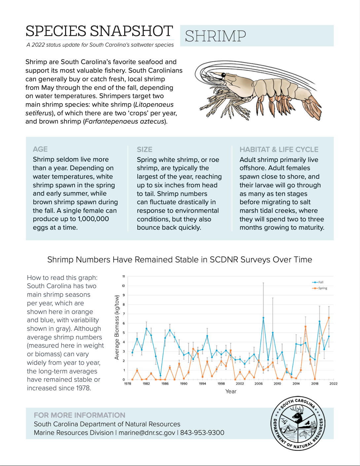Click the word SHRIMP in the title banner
click(x=215, y=36)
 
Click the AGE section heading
click(x=40, y=149)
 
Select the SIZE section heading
click(x=145, y=149)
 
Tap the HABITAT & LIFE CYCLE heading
click(x=279, y=149)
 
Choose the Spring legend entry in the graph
click(x=322, y=288)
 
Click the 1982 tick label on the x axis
click(x=146, y=384)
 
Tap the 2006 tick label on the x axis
click(x=259, y=384)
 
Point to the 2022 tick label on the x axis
click(x=333, y=384)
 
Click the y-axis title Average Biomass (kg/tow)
click(x=117, y=327)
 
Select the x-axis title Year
click(x=231, y=392)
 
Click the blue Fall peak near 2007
click(x=263, y=318)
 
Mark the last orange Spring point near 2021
click(x=329, y=318)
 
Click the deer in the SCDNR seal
click(x=299, y=413)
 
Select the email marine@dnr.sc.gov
click(x=147, y=433)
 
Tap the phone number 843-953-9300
click(x=202, y=433)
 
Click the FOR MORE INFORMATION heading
click(x=80, y=415)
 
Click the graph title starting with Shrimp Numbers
click(x=180, y=260)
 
